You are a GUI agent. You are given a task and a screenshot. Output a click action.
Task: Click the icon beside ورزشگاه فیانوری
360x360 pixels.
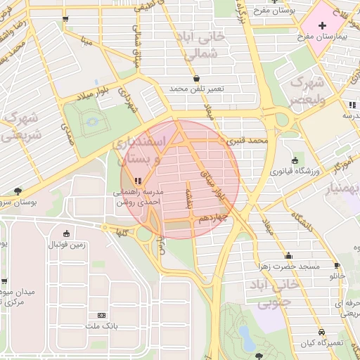pyautogui.click(x=295, y=160)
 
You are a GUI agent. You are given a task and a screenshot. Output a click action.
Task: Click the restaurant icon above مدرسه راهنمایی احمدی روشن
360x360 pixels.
pyautogui.click(x=138, y=181)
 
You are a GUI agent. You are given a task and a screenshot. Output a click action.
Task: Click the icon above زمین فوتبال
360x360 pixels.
pyautogui.click(x=66, y=233)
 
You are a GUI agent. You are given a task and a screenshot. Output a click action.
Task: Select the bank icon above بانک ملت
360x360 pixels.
pyautogui.click(x=101, y=316)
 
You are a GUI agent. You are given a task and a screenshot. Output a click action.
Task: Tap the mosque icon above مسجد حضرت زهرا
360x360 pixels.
pyautogui.click(x=288, y=256)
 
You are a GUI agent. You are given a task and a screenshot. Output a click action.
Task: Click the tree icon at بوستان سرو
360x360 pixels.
pyautogui.click(x=17, y=191)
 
